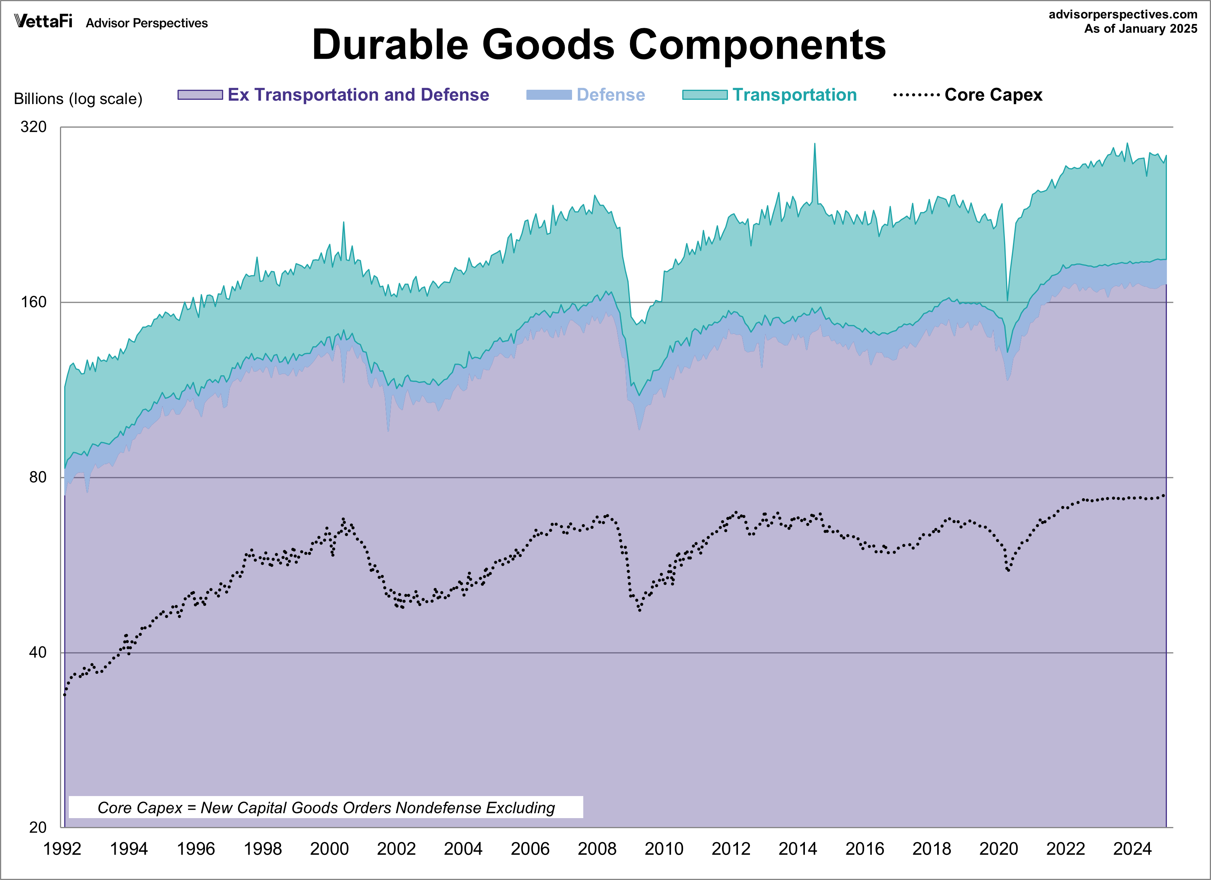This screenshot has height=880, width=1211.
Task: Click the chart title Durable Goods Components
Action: point(599,45)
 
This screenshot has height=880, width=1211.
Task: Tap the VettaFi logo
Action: point(43,21)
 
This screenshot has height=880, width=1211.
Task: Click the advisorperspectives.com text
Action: point(1123,14)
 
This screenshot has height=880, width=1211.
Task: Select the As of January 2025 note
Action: point(1141,29)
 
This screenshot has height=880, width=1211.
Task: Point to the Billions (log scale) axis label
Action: point(78,99)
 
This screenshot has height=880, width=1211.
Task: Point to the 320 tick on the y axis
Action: point(34,127)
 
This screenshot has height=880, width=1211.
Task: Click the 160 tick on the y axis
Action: point(34,302)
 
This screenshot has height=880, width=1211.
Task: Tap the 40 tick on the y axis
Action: point(38,653)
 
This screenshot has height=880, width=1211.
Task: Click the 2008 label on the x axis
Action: point(597,849)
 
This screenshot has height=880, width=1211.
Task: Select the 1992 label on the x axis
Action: point(62,849)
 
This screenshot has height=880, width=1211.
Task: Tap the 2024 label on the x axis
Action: point(1132,849)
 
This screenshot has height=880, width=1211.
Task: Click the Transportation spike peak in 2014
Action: point(814,144)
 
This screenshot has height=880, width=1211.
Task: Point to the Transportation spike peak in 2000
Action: point(343,223)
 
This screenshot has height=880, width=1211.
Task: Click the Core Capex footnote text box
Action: point(326,807)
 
